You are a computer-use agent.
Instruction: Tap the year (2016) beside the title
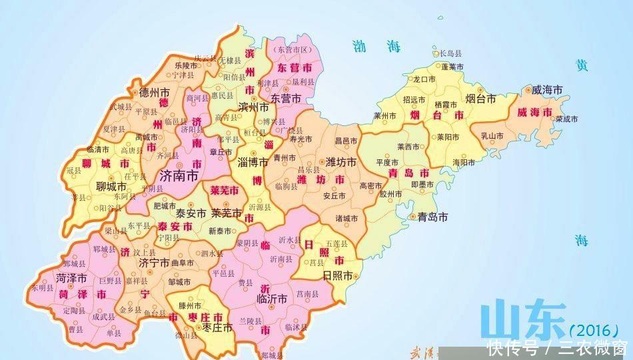click(x=595, y=331)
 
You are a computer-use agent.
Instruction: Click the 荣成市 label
click(x=566, y=119)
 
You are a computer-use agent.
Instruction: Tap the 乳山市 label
click(x=493, y=135)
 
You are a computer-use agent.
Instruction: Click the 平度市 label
click(x=387, y=161)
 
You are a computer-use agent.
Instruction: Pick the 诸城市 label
click(x=346, y=218)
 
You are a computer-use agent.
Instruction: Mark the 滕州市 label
click(x=190, y=305)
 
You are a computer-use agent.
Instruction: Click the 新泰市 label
click(x=219, y=231)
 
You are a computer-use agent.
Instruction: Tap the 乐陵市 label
click(x=186, y=66)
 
